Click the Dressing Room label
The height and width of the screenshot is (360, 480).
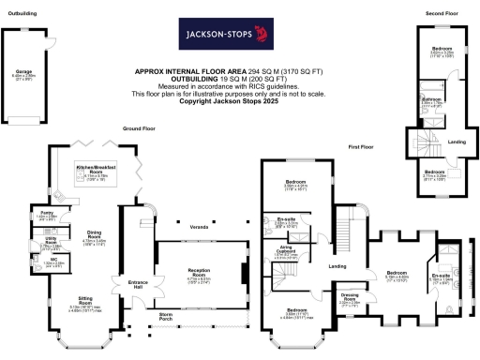pos(349,299)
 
